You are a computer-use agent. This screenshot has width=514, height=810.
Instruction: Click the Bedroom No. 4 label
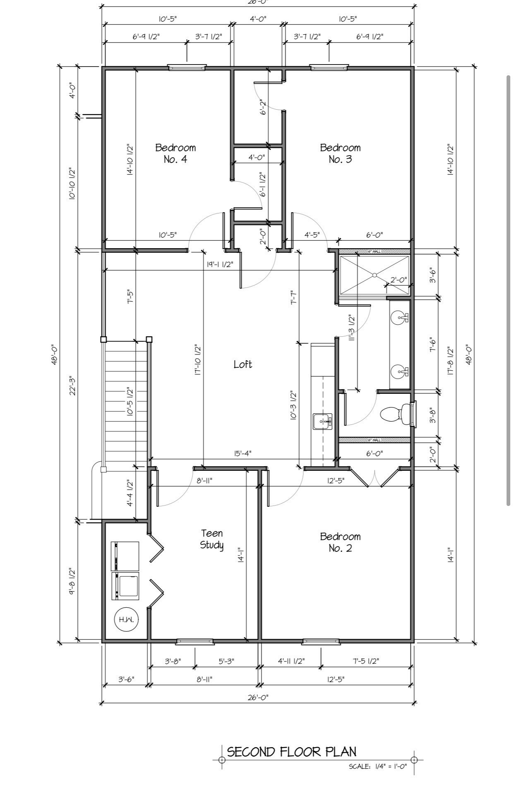(175, 153)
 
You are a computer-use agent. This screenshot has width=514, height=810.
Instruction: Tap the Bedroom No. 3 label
(340, 153)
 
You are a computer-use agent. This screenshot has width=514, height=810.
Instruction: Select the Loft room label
(243, 364)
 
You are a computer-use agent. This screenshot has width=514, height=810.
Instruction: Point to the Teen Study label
(212, 539)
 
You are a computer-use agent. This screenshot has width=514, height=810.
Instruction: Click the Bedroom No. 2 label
(340, 542)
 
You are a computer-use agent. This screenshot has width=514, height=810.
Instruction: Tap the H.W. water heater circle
(126, 620)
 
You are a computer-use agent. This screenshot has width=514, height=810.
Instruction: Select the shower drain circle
(375, 275)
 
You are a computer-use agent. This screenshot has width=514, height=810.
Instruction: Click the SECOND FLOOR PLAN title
(292, 752)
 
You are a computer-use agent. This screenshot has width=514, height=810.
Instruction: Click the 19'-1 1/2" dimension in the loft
(220, 264)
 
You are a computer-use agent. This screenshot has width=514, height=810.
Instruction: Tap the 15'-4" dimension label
(243, 453)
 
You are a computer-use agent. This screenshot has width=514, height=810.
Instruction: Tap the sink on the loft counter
(322, 422)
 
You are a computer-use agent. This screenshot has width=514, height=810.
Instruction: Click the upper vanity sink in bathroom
(399, 317)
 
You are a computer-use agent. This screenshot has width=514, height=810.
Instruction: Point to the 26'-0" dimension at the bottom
(258, 697)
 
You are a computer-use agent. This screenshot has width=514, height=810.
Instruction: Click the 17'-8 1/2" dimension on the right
(451, 360)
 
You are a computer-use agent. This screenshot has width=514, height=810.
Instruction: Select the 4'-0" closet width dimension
(257, 158)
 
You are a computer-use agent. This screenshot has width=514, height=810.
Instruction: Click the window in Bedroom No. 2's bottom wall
(321, 642)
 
